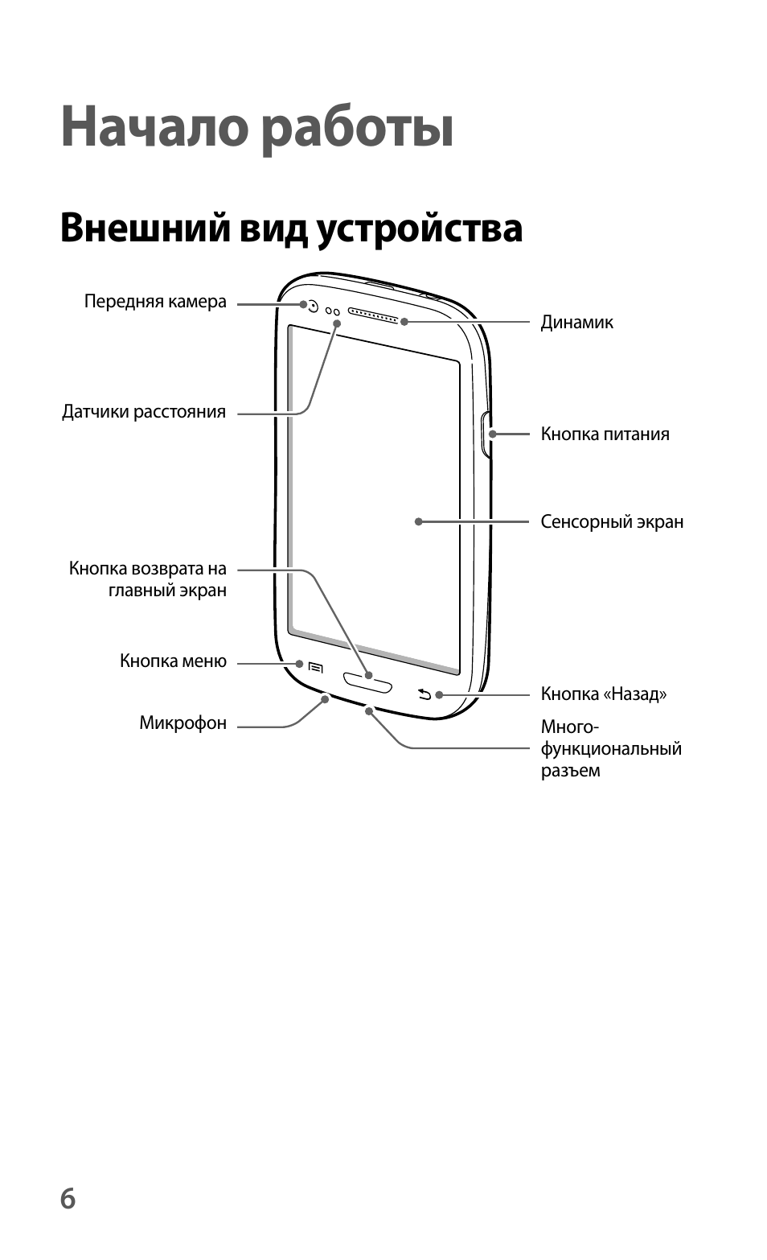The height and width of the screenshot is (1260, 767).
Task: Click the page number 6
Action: [68, 1198]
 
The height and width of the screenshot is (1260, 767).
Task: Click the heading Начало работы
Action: [256, 128]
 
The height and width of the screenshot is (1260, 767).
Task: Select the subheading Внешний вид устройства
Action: [291, 229]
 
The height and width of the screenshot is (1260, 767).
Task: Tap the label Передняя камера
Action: [155, 302]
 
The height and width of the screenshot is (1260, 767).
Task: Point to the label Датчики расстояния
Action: [144, 412]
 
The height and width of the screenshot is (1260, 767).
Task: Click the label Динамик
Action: [577, 323]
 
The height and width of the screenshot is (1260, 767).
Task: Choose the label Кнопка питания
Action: [605, 434]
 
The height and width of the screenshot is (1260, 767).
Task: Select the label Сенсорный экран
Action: [612, 522]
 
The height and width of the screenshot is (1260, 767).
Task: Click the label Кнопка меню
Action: [173, 661]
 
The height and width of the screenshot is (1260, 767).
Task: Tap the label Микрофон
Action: [183, 723]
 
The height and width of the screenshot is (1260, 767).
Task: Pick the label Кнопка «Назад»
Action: [604, 694]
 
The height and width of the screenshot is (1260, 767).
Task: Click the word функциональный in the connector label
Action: [611, 749]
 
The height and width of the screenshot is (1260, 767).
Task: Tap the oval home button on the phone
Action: [368, 682]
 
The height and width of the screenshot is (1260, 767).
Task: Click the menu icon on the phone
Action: [316, 668]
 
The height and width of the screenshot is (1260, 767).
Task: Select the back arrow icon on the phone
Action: [425, 694]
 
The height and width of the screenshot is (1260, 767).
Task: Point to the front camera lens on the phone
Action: [313, 307]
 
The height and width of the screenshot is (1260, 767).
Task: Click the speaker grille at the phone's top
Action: [373, 315]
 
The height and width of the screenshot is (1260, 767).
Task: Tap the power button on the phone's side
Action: [486, 434]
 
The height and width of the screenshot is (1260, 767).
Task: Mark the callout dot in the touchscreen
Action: [418, 522]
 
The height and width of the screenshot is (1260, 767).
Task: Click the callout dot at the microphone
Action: [325, 698]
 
